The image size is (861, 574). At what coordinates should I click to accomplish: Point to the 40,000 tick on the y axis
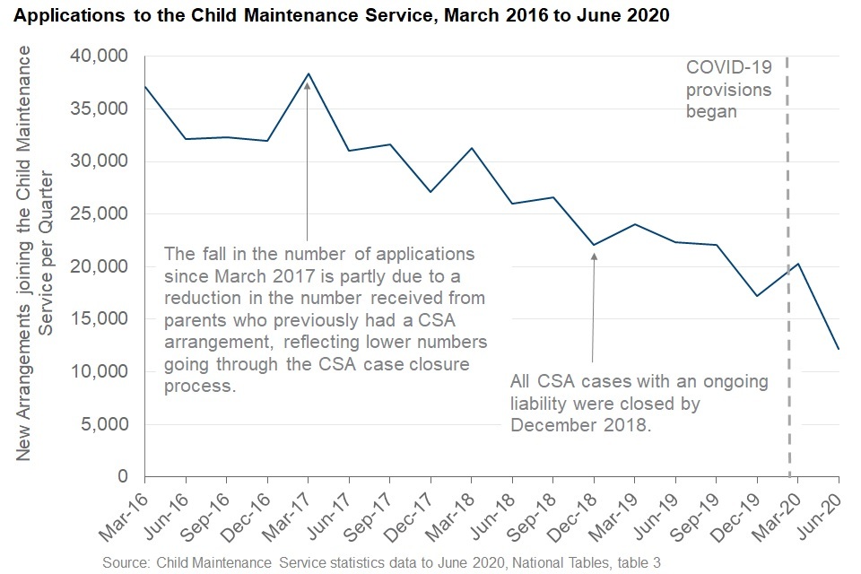point(100,57)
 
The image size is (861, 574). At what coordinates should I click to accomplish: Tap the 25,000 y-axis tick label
point(100,214)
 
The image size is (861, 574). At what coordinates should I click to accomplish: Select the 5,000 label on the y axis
point(105,424)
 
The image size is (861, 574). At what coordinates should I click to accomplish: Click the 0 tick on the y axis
point(123,476)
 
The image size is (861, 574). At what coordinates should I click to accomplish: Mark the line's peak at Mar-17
point(307,74)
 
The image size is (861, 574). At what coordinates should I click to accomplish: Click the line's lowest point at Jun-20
point(838,349)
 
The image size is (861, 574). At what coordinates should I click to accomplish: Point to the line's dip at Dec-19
point(757,296)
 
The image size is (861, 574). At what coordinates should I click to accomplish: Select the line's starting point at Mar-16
point(144,87)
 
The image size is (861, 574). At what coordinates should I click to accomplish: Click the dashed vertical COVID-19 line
point(788,269)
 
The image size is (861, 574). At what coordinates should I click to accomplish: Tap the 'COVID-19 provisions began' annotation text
point(728,90)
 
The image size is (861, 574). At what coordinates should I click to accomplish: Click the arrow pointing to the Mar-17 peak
point(307,161)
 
